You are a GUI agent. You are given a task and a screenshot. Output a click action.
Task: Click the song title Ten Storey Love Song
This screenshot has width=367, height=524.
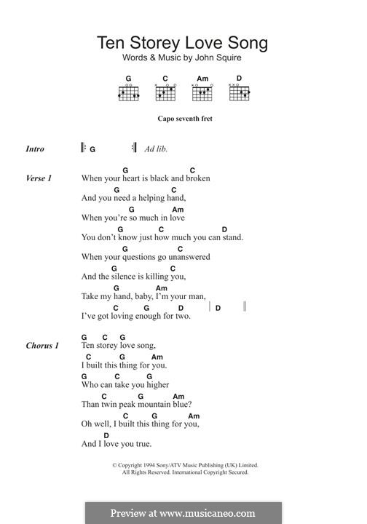click(x=183, y=43)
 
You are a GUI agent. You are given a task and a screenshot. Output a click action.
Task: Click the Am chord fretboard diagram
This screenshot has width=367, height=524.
click(x=202, y=93)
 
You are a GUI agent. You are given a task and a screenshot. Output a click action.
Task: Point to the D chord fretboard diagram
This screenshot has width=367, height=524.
click(x=239, y=93)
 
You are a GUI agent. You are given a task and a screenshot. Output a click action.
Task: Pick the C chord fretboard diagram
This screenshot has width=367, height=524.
click(x=165, y=93)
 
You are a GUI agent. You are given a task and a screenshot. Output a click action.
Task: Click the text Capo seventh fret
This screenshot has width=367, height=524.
click(x=184, y=119)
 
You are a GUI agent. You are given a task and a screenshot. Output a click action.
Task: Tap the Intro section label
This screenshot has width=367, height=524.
click(x=35, y=149)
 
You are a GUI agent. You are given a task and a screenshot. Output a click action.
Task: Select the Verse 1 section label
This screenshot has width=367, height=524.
click(x=39, y=178)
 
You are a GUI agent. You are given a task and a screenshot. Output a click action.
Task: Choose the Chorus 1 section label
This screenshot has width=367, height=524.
click(x=42, y=346)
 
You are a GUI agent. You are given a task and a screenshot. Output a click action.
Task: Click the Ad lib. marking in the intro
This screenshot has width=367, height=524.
click(x=156, y=149)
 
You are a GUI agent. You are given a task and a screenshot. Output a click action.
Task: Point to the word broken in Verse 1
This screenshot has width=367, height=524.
click(x=198, y=178)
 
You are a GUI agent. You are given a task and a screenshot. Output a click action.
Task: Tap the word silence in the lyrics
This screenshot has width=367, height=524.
click(x=125, y=277)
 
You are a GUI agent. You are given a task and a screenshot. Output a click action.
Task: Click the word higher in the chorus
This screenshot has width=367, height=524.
click(x=157, y=385)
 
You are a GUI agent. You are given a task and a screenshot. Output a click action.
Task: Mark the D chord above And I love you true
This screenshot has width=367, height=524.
click(x=106, y=435)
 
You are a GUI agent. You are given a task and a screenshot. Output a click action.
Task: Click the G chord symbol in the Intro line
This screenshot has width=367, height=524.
click(x=93, y=149)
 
